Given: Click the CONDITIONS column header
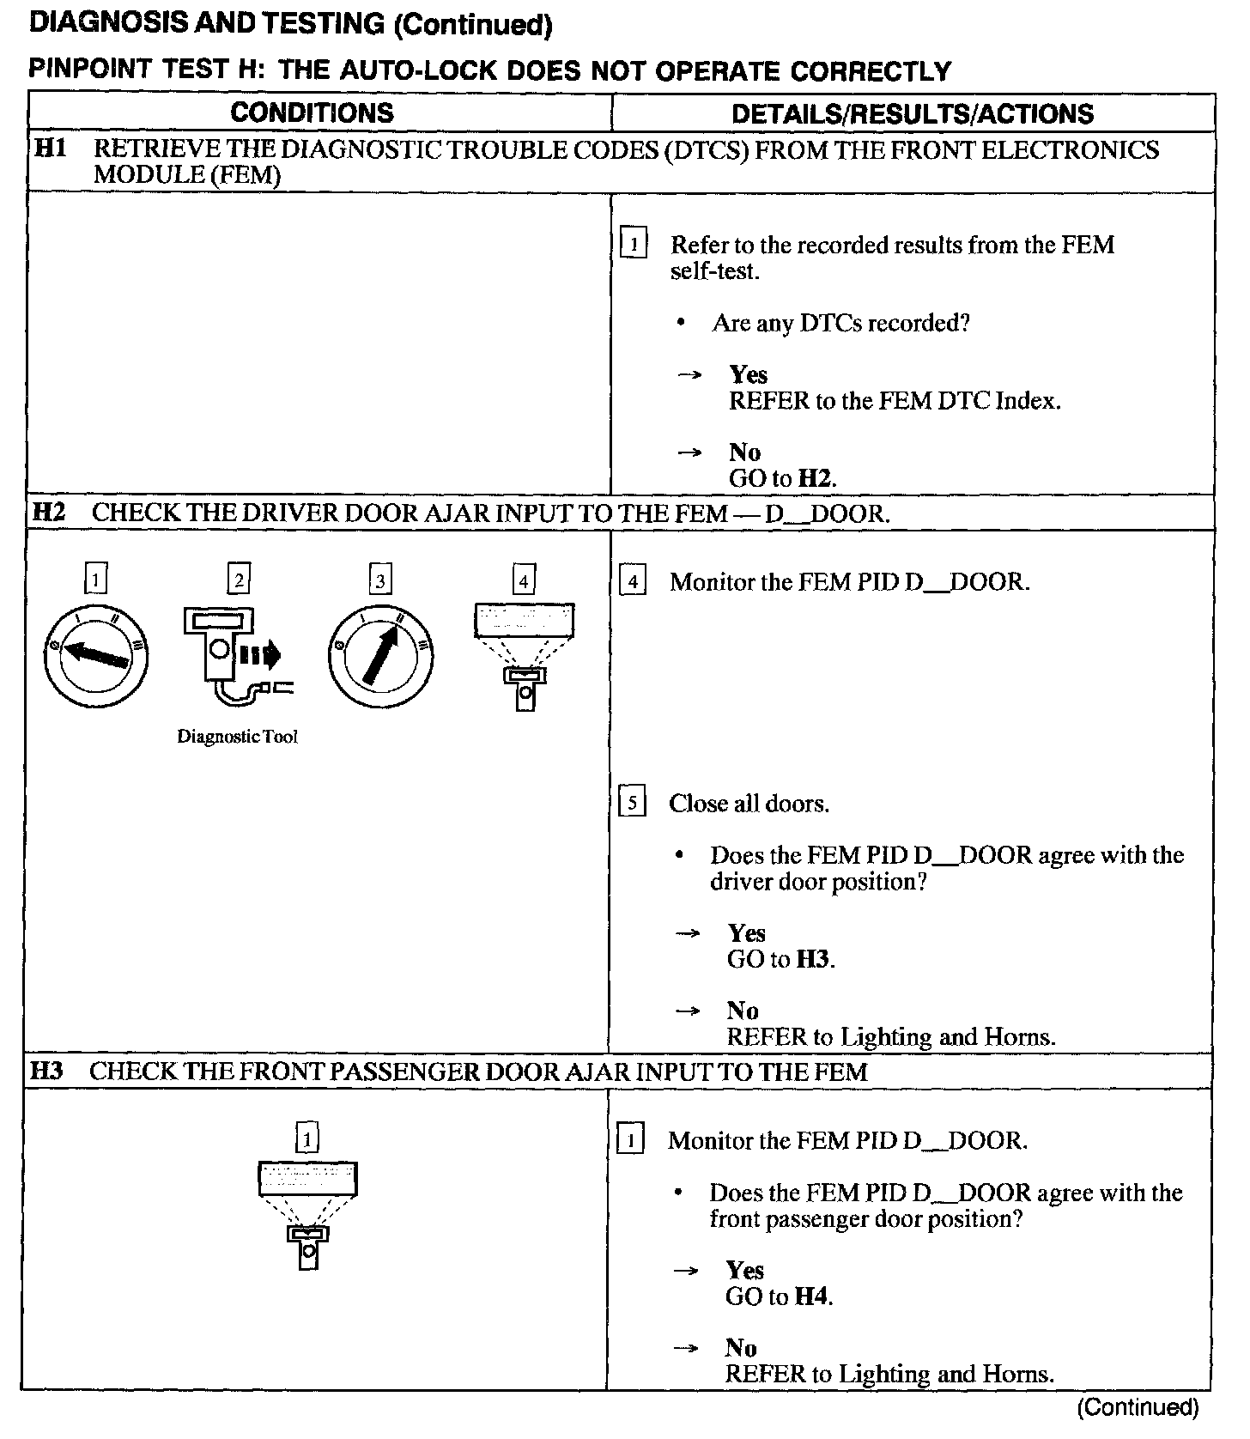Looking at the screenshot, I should [312, 112].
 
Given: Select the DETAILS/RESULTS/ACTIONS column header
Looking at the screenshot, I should [912, 113].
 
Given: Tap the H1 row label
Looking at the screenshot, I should [51, 149].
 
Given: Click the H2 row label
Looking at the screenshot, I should [49, 513].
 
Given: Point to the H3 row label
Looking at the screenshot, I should [47, 1071].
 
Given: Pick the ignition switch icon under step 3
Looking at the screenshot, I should [380, 656].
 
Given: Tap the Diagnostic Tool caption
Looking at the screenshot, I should [237, 737].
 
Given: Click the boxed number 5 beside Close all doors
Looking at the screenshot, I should [632, 803].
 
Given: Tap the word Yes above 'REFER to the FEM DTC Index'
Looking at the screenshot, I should [748, 374].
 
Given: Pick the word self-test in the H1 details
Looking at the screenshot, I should [714, 271].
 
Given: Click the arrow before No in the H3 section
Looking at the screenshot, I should [688, 1347].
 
